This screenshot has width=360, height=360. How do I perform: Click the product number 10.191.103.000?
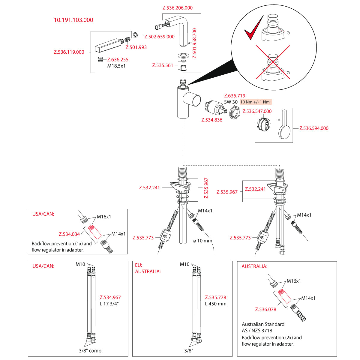point(73,20)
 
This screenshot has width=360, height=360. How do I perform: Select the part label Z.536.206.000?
point(178,8)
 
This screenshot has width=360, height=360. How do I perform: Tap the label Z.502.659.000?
point(159,37)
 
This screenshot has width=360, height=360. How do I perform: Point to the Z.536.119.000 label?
point(69,52)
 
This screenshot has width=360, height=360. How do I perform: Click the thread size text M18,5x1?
point(116,66)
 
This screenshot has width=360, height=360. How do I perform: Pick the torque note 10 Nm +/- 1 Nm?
point(255,102)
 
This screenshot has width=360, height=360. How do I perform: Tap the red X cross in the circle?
point(273,62)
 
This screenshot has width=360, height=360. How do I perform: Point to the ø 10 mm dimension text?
point(203,241)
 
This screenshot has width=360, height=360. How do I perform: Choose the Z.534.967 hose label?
point(110,297)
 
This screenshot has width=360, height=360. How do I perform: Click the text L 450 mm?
point(216,304)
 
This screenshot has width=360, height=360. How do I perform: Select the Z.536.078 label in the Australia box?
point(265,309)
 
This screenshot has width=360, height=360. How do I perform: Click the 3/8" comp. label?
point(91,350)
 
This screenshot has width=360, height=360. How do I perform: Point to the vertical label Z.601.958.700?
point(194,43)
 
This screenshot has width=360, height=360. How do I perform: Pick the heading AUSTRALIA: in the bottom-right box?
point(254,266)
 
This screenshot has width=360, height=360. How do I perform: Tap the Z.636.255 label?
point(118,60)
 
